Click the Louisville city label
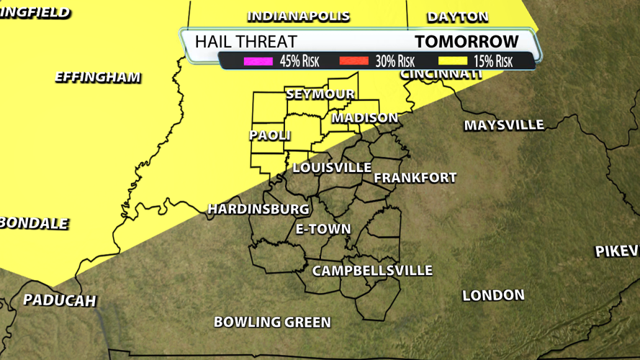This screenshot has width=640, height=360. (x=332, y=168)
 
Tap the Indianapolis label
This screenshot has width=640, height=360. (x=298, y=17)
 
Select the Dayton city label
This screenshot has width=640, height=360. (x=457, y=17)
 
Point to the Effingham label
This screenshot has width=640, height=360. (x=98, y=78)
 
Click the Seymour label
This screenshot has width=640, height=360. (x=320, y=94)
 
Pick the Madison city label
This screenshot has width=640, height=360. (x=364, y=118)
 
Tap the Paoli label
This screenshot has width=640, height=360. (x=270, y=135)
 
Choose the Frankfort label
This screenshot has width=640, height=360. (x=415, y=178)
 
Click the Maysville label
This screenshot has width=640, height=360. (x=504, y=125)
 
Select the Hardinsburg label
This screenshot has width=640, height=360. (x=258, y=209)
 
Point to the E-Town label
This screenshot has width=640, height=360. (x=323, y=230)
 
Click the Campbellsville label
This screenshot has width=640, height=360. (x=372, y=271)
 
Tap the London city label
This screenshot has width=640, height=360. (x=493, y=295)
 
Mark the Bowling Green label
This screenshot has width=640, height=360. (x=272, y=322)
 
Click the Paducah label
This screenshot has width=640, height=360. (x=60, y=300)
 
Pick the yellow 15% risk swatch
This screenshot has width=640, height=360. (x=449, y=62)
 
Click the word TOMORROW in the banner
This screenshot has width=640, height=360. (x=467, y=42)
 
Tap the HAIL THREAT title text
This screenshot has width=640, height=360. (x=245, y=42)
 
